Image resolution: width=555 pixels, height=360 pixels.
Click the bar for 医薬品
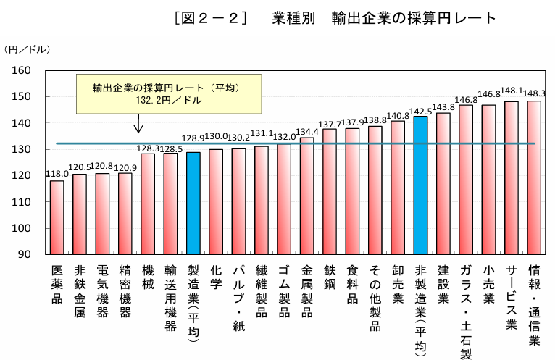pos(57,217)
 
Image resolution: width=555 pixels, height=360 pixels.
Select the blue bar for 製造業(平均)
pos(193,204)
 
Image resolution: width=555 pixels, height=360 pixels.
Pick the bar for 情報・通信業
pos(534,177)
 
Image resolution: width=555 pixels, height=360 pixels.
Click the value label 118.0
pos(57,174)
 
